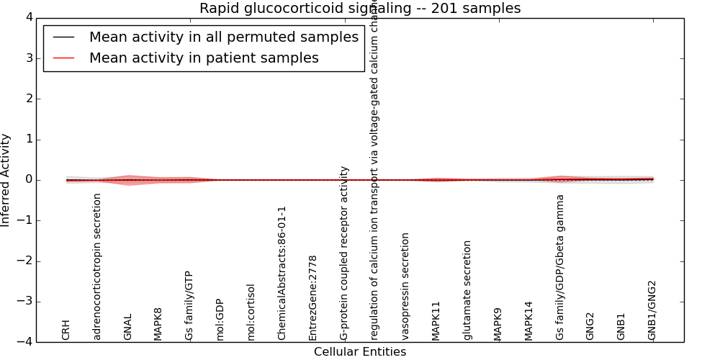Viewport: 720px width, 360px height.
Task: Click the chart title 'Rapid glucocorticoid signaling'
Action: click(x=359, y=8)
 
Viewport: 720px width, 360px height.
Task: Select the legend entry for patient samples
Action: click(x=204, y=58)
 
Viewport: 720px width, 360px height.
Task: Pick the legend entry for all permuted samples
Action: click(x=223, y=37)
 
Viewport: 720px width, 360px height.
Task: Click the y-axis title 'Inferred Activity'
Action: click(x=6, y=180)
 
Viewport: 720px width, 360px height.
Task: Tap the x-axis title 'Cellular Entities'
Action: click(x=359, y=352)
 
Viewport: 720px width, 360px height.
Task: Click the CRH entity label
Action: click(x=66, y=330)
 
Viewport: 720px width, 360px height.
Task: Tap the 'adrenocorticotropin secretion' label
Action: click(x=97, y=266)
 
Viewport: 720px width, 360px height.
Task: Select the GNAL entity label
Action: click(x=128, y=327)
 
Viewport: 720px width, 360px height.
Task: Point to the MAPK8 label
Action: click(x=158, y=324)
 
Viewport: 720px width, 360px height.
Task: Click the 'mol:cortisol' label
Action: click(x=251, y=312)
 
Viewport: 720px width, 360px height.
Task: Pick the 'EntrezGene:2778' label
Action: click(x=313, y=297)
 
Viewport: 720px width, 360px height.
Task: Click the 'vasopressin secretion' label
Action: click(x=406, y=286)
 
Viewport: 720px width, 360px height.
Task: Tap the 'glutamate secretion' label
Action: click(x=467, y=290)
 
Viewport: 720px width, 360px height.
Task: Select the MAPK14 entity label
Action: click(x=529, y=320)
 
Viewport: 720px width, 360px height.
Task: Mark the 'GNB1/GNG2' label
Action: click(x=652, y=310)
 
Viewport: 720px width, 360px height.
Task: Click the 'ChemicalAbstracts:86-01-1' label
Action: click(x=282, y=273)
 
